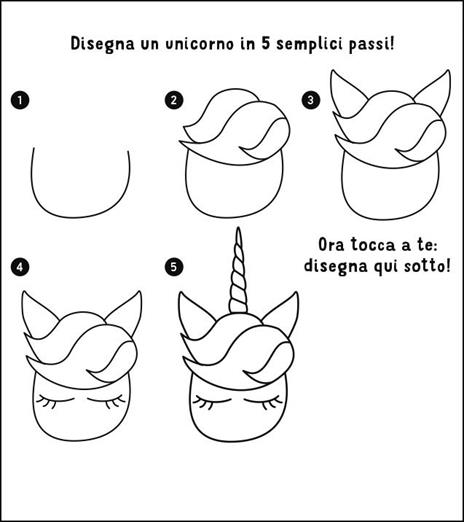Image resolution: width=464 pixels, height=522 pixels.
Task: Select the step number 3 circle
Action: (311, 100)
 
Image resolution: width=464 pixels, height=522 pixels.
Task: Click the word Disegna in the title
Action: (103, 45)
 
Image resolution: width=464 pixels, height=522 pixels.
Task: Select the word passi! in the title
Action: (368, 45)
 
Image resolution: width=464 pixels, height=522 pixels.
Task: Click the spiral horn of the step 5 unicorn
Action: (238, 270)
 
